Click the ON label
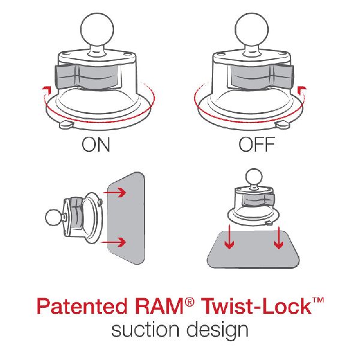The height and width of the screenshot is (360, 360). [x=96, y=144]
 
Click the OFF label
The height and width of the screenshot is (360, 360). [x=257, y=144]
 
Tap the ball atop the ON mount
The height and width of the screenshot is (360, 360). [x=97, y=29]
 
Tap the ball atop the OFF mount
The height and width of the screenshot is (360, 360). [x=252, y=29]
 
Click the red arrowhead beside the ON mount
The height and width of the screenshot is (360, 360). [x=46, y=89]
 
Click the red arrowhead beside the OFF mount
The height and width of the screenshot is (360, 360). [x=302, y=89]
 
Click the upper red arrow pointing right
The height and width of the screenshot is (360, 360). [x=115, y=193]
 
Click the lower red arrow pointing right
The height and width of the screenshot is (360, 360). [x=113, y=242]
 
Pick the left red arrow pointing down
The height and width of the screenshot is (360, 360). [x=229, y=237]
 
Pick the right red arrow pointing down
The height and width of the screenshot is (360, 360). [x=278, y=238]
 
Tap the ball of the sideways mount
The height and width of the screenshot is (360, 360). [x=53, y=217]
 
